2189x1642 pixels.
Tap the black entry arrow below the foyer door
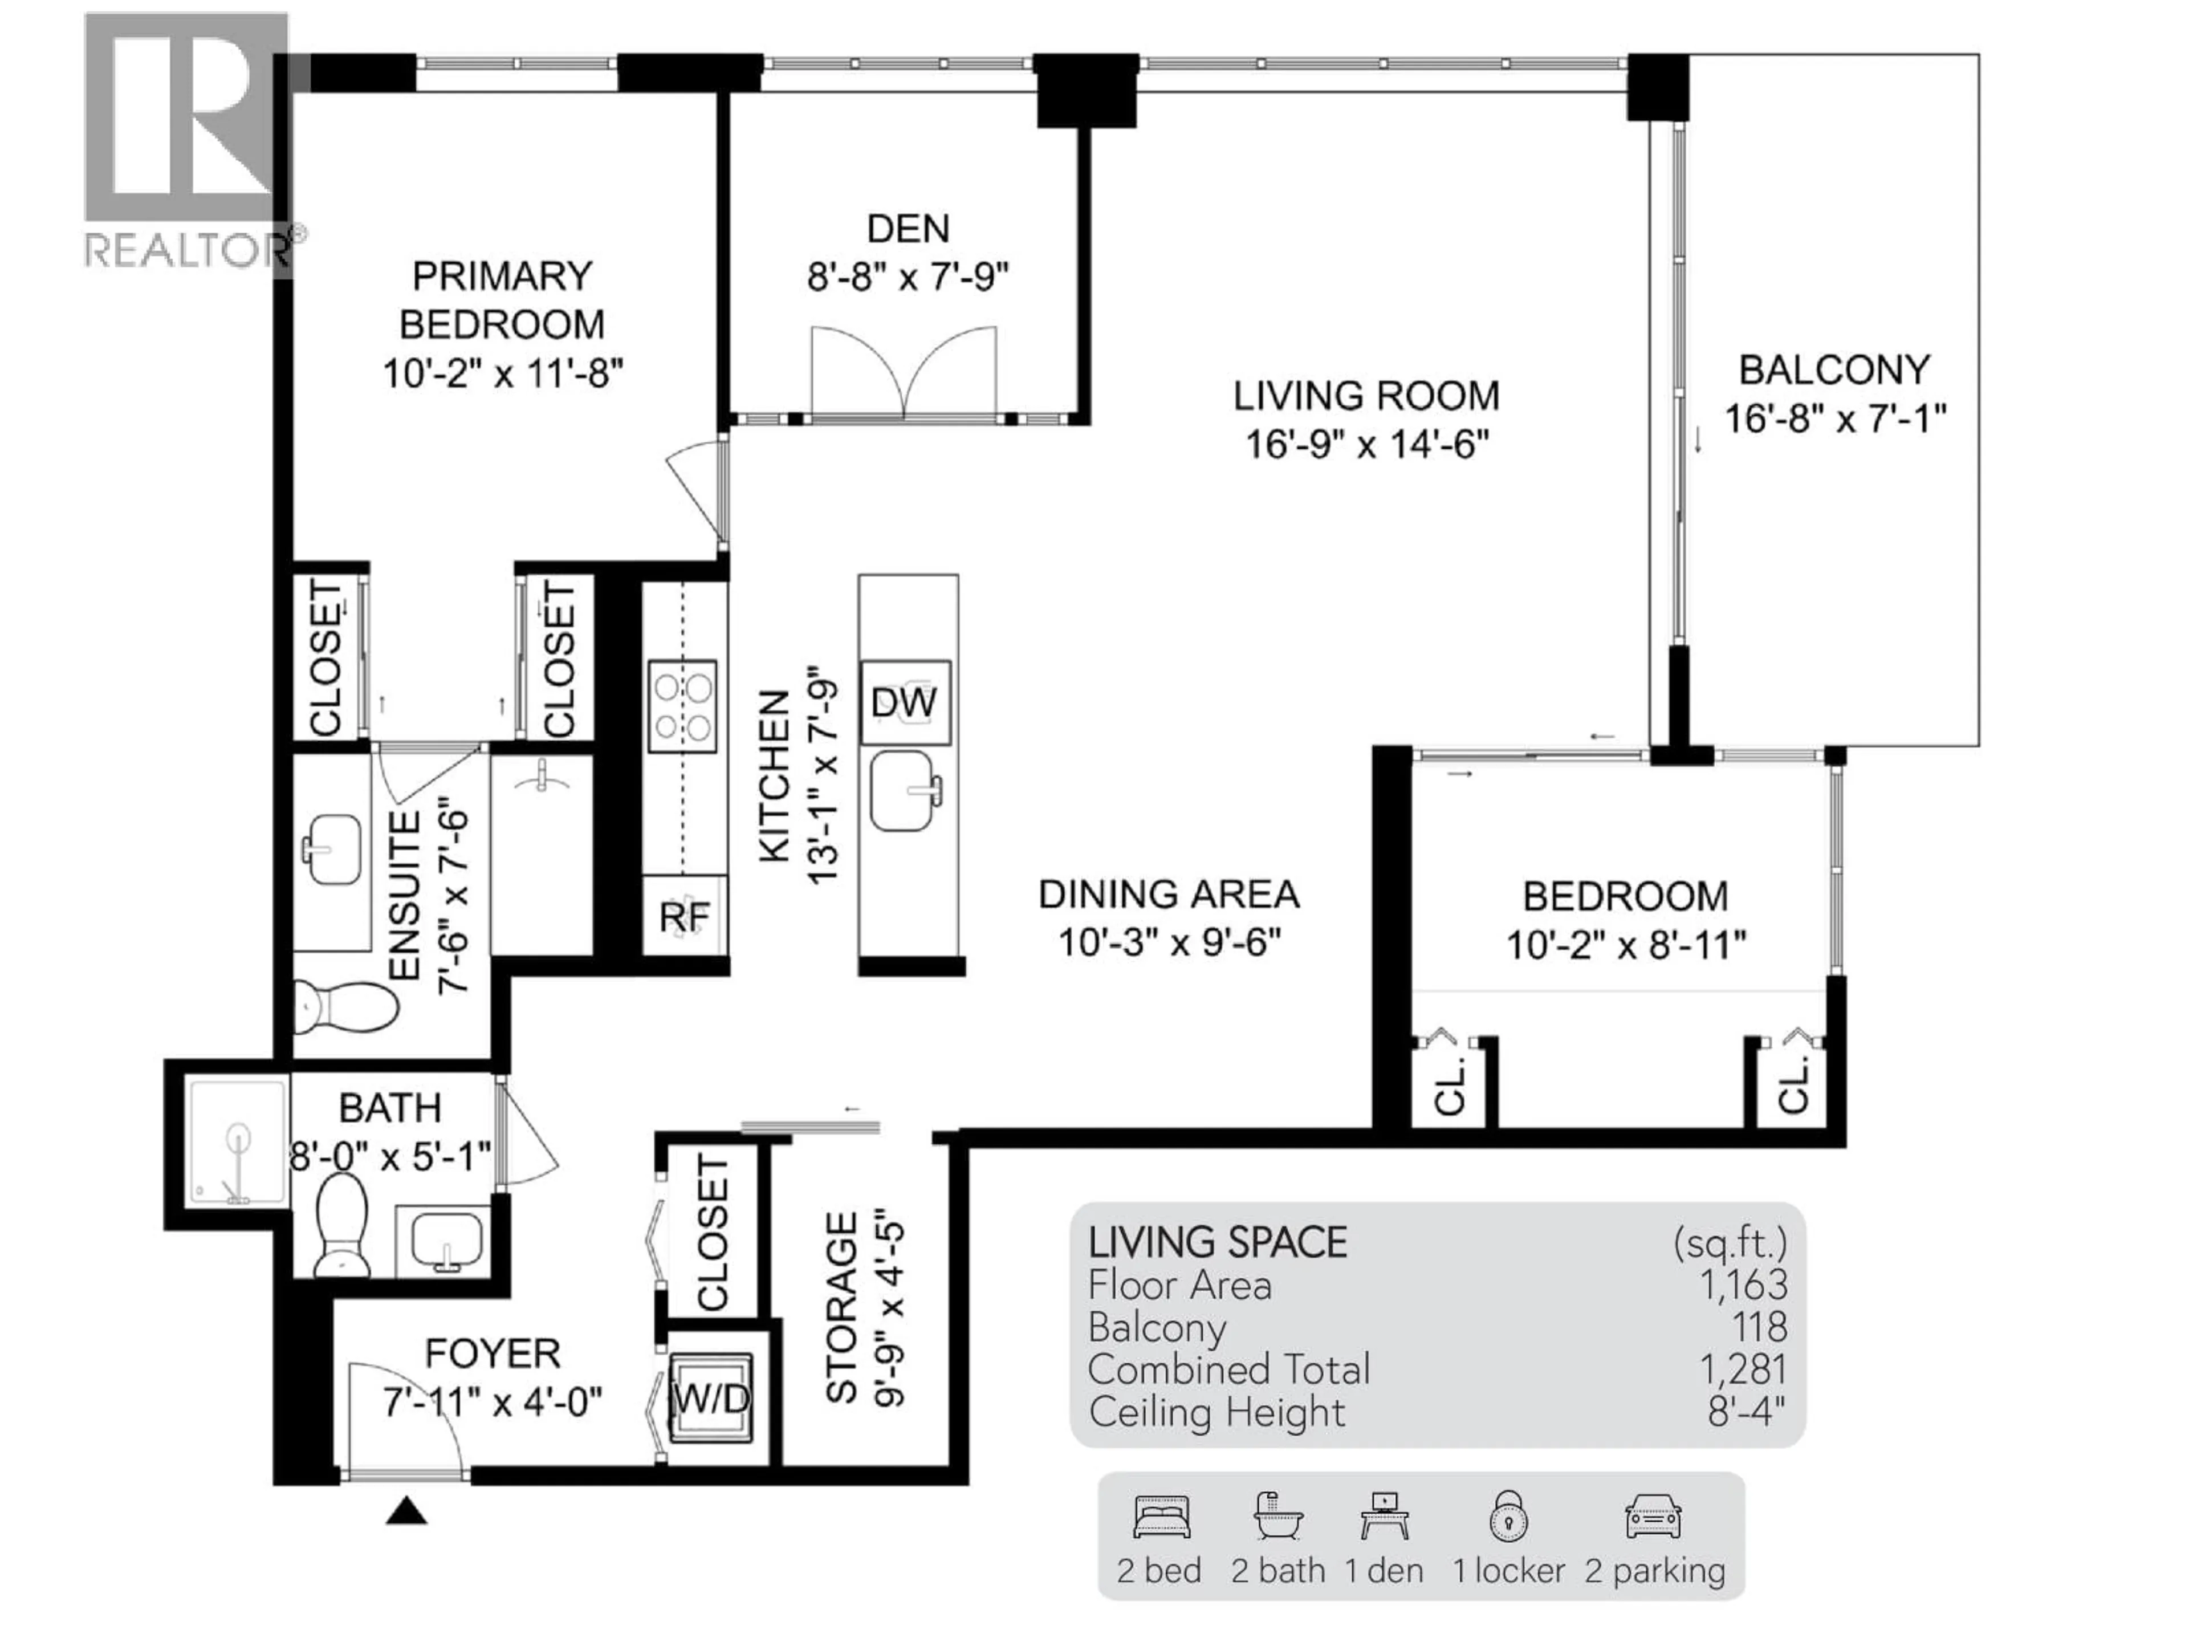(x=406, y=1511)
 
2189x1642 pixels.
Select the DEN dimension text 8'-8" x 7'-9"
(x=908, y=277)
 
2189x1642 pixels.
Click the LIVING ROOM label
(x=1366, y=396)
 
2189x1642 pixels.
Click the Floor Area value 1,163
(x=1743, y=1285)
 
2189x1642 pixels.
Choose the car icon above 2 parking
(x=1653, y=1517)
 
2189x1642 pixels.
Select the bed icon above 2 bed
(x=1161, y=1517)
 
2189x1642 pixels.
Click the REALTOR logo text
(x=188, y=250)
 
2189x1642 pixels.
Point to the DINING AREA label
(x=1167, y=895)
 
